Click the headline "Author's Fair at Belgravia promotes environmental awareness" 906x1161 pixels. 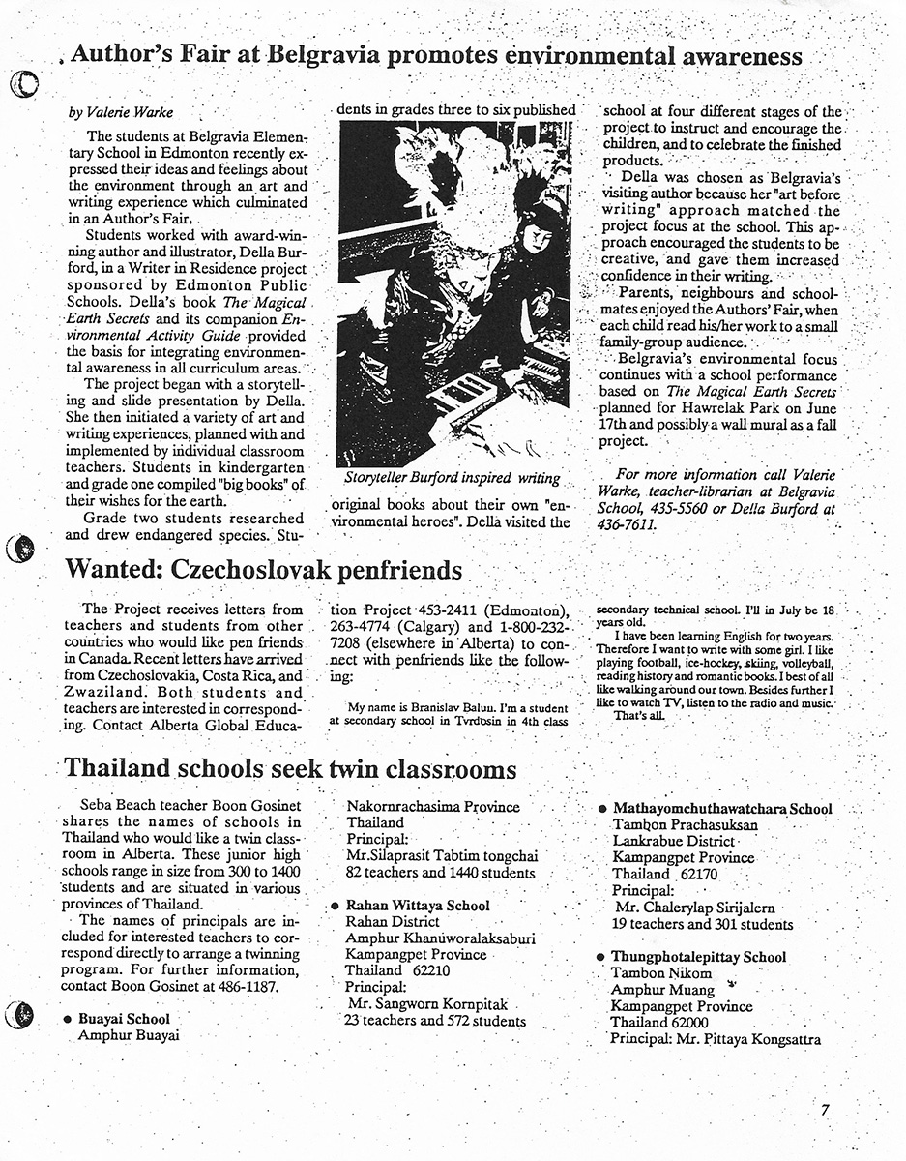point(437,57)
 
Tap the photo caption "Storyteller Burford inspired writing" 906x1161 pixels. point(452,478)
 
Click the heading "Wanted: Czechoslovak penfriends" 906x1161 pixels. point(263,570)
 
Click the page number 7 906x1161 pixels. point(825,1110)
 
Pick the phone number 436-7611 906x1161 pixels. point(628,524)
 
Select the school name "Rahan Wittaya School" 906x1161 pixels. point(418,906)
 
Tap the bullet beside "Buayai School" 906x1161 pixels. point(67,1019)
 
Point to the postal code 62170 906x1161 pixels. point(699,874)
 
